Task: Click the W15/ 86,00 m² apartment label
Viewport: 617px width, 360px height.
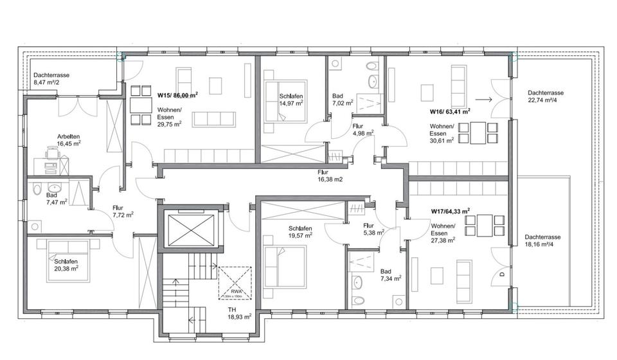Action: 177,94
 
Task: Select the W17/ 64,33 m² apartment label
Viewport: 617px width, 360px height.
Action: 450,211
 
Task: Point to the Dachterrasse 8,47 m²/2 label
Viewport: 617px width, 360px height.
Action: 51,78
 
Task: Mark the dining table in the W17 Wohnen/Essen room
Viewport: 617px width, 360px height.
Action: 483,225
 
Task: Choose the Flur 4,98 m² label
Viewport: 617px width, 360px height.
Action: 364,130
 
